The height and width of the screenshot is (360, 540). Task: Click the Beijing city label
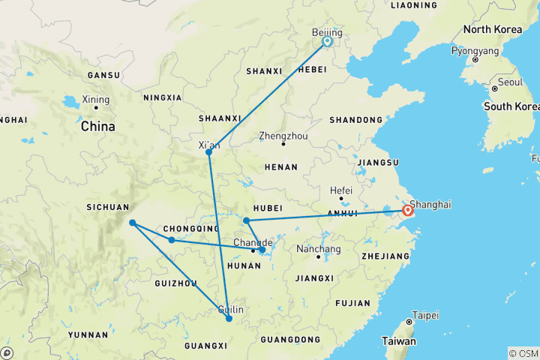point(327,33)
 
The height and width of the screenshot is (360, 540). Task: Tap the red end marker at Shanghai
point(408,211)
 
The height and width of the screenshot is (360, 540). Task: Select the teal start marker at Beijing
point(328,42)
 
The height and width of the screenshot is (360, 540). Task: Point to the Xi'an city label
point(208,145)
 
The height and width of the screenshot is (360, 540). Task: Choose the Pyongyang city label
point(475,52)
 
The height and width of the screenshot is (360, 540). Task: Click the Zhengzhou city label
point(283,136)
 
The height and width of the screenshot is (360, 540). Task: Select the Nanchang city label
point(319,249)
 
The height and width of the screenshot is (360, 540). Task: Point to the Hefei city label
point(341,190)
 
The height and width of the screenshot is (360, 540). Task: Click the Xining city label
point(96,100)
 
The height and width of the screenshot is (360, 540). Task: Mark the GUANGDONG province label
point(294,340)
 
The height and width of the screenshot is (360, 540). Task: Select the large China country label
point(97,126)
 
